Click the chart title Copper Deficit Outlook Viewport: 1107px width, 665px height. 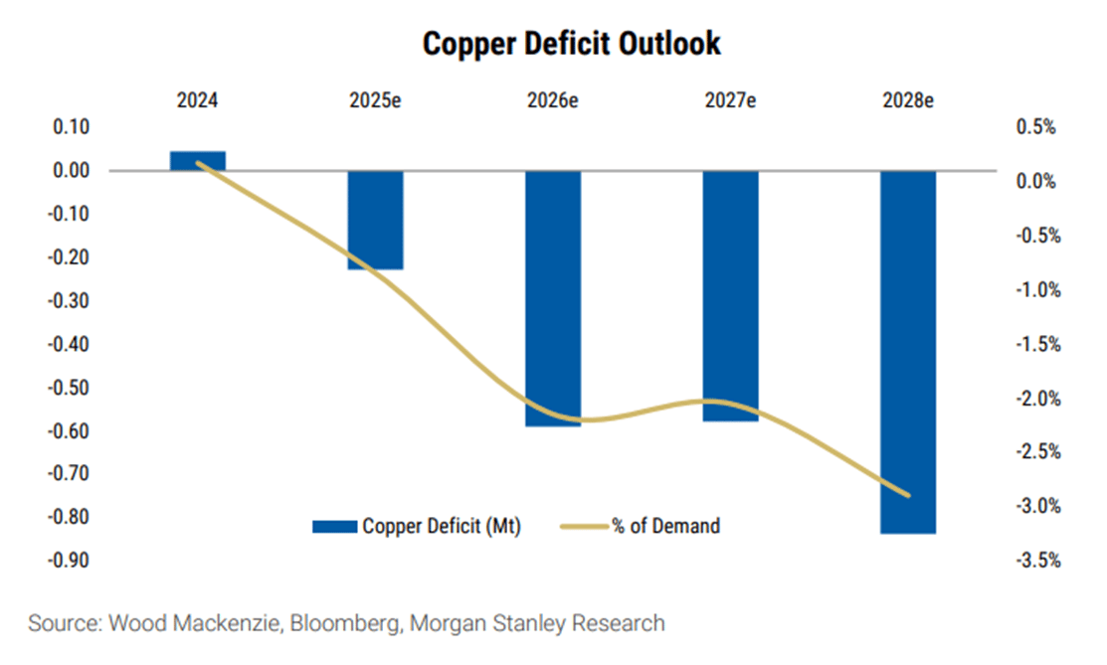571,45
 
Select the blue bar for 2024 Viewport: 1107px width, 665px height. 197,161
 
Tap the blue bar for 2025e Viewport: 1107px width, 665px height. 375,220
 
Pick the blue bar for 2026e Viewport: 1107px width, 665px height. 553,298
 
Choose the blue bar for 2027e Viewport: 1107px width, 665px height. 730,295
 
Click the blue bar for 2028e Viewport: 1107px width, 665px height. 908,352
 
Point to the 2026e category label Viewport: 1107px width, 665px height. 553,100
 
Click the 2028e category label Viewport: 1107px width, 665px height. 908,100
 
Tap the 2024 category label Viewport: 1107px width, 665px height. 197,100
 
